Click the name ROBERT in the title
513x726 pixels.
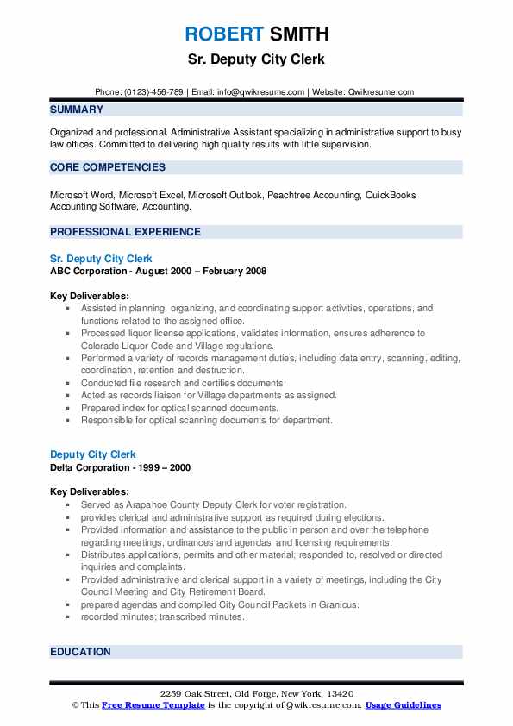point(223,34)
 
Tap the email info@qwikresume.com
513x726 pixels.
point(262,92)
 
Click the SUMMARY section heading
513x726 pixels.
point(77,110)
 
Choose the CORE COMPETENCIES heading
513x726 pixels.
point(107,167)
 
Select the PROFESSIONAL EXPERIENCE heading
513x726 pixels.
point(125,232)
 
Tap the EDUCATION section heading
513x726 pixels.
point(80,652)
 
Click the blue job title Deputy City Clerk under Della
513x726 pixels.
point(93,454)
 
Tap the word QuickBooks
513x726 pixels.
point(391,195)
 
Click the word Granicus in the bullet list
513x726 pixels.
point(337,604)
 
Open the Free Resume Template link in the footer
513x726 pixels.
point(152,705)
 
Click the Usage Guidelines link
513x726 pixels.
point(403,705)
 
